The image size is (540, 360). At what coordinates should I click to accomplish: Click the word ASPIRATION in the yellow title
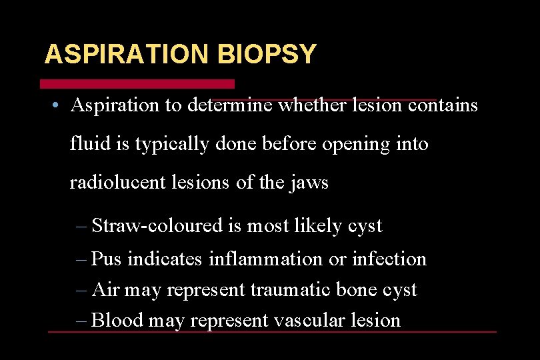[x=126, y=54]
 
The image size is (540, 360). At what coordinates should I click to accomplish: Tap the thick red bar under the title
[x=137, y=84]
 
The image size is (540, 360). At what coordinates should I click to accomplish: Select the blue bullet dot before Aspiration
[x=59, y=106]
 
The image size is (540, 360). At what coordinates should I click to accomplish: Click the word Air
[x=105, y=290]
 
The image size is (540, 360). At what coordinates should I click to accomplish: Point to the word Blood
[x=117, y=320]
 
